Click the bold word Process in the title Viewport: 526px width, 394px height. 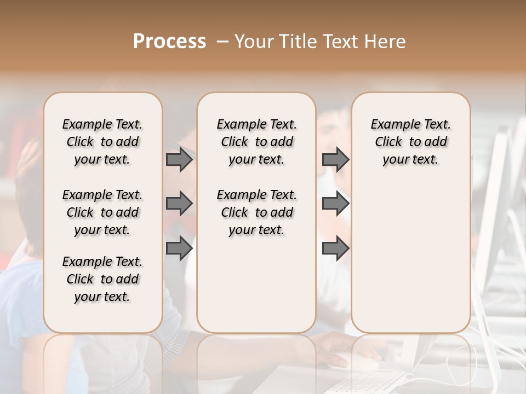pos(169,42)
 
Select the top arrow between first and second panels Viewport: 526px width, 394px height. pos(179,160)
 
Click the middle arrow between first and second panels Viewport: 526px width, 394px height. pos(179,204)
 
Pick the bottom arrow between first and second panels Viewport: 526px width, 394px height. pos(179,248)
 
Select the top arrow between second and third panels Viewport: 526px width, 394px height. pos(335,160)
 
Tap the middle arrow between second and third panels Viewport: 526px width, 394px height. pos(335,204)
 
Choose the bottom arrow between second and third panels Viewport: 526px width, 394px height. pos(335,248)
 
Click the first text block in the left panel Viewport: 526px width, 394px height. pos(102,142)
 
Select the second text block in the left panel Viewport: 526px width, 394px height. pos(102,212)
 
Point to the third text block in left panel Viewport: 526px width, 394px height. pos(102,279)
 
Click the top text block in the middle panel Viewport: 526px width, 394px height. pos(256,142)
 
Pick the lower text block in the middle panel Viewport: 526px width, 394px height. pos(256,212)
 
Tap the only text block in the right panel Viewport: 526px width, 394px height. pos(410,142)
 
